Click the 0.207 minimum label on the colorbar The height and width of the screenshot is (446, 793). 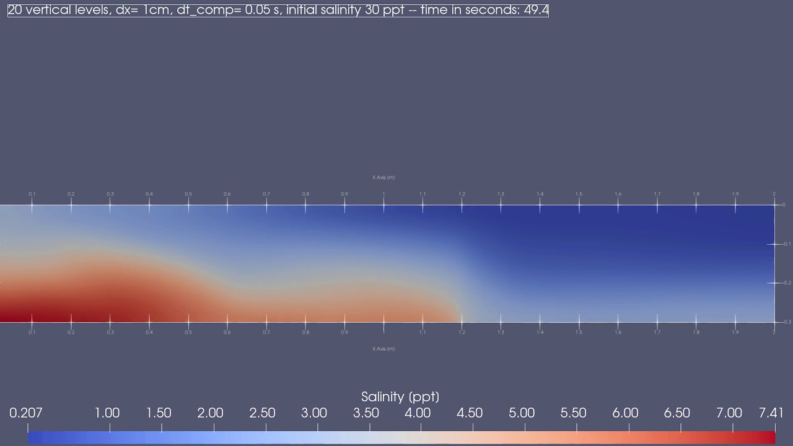[26, 413]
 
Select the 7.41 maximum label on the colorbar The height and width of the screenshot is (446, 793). [771, 413]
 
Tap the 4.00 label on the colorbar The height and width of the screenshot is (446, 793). [418, 413]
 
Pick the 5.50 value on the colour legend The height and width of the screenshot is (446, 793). [574, 413]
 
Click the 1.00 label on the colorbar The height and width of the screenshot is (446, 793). [107, 413]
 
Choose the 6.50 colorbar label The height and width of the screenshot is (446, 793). [677, 413]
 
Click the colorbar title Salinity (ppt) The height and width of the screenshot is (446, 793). [400, 397]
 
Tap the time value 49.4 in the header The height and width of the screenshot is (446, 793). [536, 11]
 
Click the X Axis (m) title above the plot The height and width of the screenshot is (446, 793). [383, 178]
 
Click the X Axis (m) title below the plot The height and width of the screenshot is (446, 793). [383, 349]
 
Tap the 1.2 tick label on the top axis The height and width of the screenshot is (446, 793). [462, 195]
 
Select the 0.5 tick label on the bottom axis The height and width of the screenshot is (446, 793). [188, 333]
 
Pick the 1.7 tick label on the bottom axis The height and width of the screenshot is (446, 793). [657, 333]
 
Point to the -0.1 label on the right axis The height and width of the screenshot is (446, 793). [787, 244]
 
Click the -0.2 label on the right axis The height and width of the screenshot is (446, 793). [787, 283]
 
